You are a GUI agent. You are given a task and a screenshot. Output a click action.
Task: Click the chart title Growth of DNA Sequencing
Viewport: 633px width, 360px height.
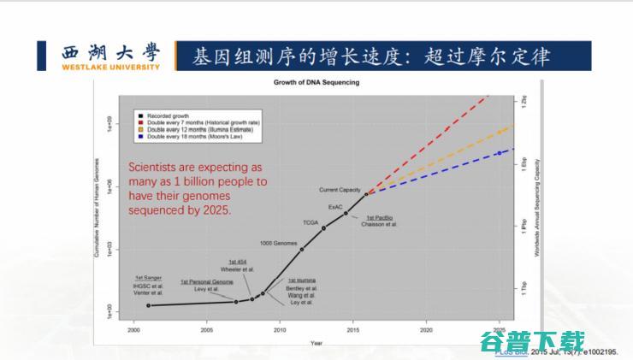click(x=316, y=82)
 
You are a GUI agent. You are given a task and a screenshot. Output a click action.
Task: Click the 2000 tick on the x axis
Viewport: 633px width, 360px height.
click(x=134, y=328)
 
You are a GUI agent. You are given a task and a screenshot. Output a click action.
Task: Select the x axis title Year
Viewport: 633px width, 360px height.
click(x=316, y=343)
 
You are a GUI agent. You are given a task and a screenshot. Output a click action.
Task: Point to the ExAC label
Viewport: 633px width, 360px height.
click(x=336, y=207)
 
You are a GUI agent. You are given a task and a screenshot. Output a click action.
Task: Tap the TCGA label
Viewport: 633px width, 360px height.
click(x=311, y=222)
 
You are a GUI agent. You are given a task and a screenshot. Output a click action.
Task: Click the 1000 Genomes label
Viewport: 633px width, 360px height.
click(x=278, y=244)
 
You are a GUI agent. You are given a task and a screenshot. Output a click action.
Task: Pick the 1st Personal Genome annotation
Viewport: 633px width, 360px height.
click(x=206, y=281)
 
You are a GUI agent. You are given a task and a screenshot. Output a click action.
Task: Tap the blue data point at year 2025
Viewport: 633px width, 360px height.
click(x=499, y=154)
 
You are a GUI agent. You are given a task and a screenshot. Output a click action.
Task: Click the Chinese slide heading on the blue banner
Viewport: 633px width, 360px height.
click(x=370, y=56)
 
